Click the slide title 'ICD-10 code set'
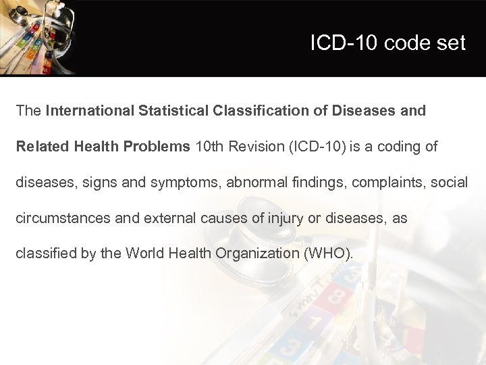pos(387,43)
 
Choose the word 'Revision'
pos(250,147)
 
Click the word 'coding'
pos(399,147)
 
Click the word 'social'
pos(451,182)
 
